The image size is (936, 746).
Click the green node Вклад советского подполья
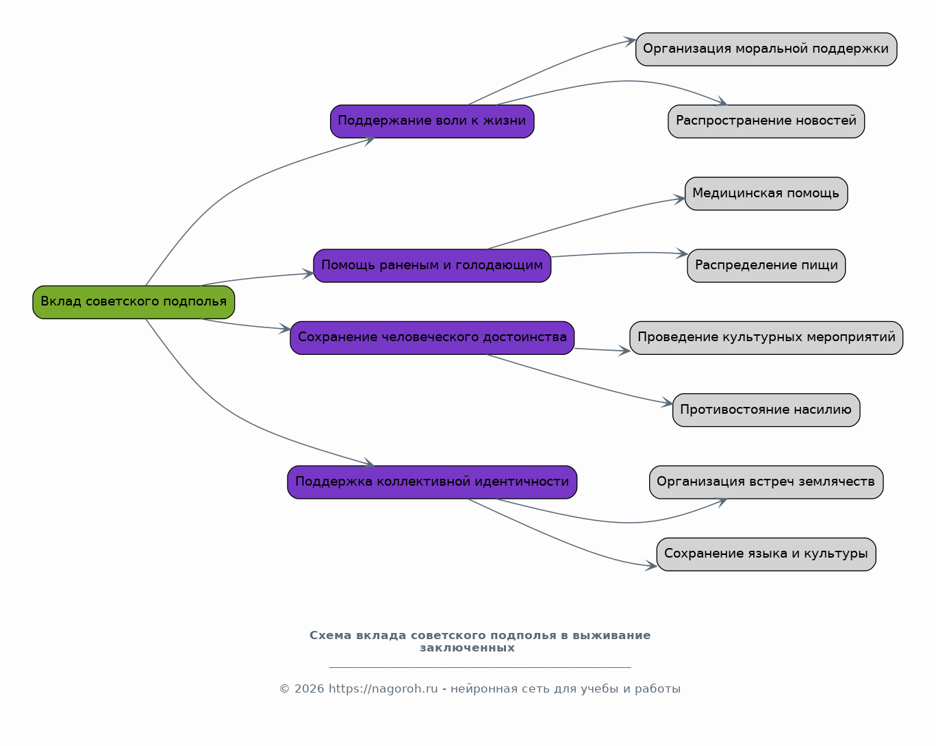click(x=134, y=302)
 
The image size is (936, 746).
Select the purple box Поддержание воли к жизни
click(x=432, y=121)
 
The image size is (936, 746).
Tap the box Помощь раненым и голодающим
click(x=432, y=266)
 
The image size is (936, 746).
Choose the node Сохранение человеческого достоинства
click(x=432, y=338)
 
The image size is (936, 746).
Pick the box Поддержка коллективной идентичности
click(x=432, y=482)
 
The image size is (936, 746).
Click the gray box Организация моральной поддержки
click(x=766, y=49)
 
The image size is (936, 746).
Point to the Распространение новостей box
click(x=766, y=121)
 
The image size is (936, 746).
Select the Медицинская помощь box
click(x=766, y=194)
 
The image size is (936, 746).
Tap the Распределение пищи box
click(x=766, y=266)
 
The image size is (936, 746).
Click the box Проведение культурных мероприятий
click(x=766, y=338)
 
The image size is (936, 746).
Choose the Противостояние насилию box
click(x=766, y=410)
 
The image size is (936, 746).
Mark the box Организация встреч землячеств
click(x=766, y=482)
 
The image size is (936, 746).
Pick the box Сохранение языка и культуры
click(x=766, y=554)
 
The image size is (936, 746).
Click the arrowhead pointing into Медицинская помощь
click(x=680, y=199)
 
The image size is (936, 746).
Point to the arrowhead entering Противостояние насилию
click(x=668, y=403)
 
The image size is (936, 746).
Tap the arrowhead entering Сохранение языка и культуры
click(x=651, y=565)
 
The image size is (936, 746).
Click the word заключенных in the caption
click(x=467, y=647)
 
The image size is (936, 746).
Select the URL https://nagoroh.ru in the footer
click(x=383, y=688)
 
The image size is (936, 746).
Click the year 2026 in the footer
click(x=309, y=688)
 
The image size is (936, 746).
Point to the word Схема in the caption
click(x=330, y=636)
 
